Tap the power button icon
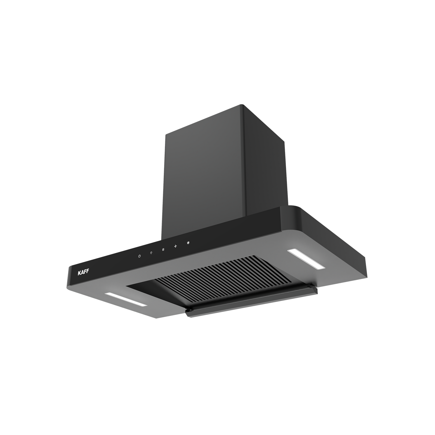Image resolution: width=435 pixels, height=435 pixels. (x=140, y=256)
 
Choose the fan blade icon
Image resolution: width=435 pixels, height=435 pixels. (x=176, y=246)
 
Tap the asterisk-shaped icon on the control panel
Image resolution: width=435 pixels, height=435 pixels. (x=188, y=243)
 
